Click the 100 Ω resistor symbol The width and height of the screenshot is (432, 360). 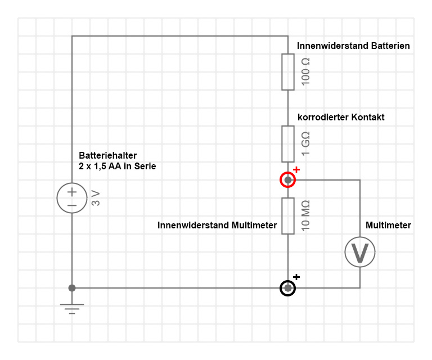pyautogui.click(x=288, y=72)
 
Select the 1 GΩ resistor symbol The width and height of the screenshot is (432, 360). pyautogui.click(x=288, y=144)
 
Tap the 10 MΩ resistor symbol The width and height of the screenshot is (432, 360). pyautogui.click(x=288, y=216)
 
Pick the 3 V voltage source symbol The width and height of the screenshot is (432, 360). pyautogui.click(x=72, y=198)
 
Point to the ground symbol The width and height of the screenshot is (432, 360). pyautogui.click(x=72, y=308)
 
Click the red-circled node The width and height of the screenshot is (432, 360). pyautogui.click(x=288, y=180)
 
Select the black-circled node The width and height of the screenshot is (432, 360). pyautogui.click(x=288, y=288)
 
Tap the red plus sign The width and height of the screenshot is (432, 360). pyautogui.click(x=296, y=169)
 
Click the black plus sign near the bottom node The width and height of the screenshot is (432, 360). pyautogui.click(x=296, y=277)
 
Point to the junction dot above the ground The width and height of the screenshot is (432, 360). pyautogui.click(x=72, y=288)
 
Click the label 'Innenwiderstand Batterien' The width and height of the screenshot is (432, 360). pyautogui.click(x=353, y=46)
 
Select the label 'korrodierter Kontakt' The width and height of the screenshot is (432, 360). pyautogui.click(x=341, y=118)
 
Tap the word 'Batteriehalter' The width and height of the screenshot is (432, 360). pyautogui.click(x=107, y=155)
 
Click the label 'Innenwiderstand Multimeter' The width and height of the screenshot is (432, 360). pyautogui.click(x=217, y=226)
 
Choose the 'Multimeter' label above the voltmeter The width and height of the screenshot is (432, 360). pyautogui.click(x=388, y=226)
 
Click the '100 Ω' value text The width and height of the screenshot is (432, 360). pyautogui.click(x=306, y=71)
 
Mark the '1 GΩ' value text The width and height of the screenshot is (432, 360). pyautogui.click(x=306, y=144)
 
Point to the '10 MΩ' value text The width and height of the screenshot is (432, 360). pyautogui.click(x=306, y=216)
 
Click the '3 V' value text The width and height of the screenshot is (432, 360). pyautogui.click(x=96, y=198)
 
